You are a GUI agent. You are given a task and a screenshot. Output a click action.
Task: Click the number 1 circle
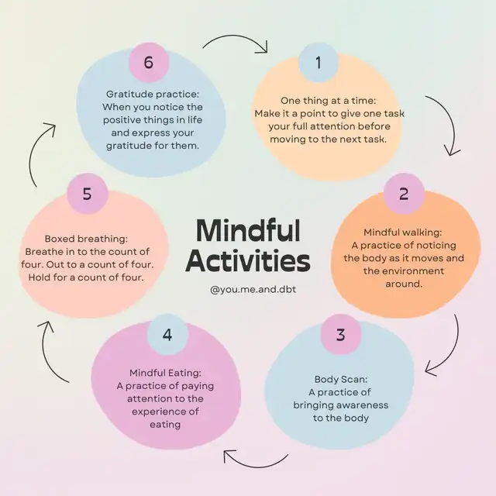tap(319, 62)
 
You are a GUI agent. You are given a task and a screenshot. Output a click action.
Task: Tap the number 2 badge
tap(404, 193)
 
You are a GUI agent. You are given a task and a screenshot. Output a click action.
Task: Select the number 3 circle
tap(341, 334)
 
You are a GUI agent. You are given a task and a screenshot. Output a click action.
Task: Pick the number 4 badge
tap(167, 334)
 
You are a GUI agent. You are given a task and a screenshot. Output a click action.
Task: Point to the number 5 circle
tap(88, 193)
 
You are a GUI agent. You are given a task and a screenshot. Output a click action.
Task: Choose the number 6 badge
tap(149, 62)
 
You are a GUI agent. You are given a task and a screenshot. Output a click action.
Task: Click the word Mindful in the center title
tap(248, 230)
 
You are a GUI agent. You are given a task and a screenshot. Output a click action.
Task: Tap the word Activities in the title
tap(248, 261)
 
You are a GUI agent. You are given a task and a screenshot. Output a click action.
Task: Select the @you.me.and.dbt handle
tap(253, 289)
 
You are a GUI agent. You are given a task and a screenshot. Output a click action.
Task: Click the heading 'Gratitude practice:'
tap(153, 95)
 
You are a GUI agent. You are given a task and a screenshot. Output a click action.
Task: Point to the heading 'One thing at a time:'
tap(329, 101)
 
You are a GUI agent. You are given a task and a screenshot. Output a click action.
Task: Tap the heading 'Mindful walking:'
tap(403, 232)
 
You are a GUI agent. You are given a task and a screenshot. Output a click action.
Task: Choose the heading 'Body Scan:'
tap(341, 379)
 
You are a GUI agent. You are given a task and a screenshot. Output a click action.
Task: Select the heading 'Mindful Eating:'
tap(165, 373)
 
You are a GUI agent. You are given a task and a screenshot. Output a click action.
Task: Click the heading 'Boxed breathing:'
tap(86, 239)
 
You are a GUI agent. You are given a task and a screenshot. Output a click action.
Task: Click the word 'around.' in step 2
tap(404, 284)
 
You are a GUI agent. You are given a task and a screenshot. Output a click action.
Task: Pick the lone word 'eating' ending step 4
tap(165, 425)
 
